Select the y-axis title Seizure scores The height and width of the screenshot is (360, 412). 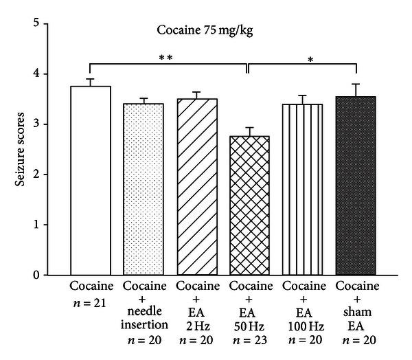(23, 149)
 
